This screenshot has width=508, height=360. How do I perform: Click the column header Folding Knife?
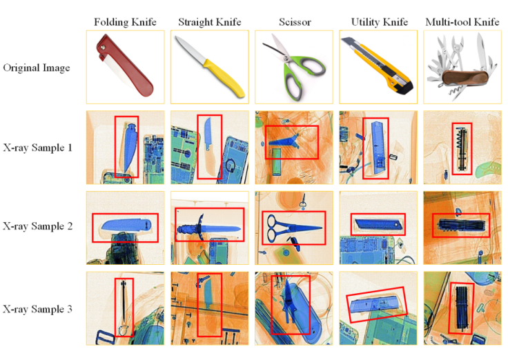(x=125, y=22)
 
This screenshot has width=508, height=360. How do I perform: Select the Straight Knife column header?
(x=210, y=22)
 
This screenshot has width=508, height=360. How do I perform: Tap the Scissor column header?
(x=295, y=22)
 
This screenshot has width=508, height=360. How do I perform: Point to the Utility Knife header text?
(x=380, y=22)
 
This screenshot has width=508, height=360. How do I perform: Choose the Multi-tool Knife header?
(x=462, y=22)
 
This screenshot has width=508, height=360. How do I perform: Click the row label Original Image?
(x=37, y=68)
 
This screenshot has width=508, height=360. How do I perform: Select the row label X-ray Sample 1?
(x=37, y=148)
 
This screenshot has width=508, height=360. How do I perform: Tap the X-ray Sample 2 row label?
(x=37, y=226)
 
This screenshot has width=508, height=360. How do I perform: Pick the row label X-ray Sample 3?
(x=37, y=309)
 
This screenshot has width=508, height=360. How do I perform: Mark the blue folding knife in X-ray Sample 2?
(x=126, y=225)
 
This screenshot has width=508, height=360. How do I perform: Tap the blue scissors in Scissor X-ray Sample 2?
(x=293, y=228)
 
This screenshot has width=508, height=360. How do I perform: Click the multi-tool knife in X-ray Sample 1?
(x=462, y=149)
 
